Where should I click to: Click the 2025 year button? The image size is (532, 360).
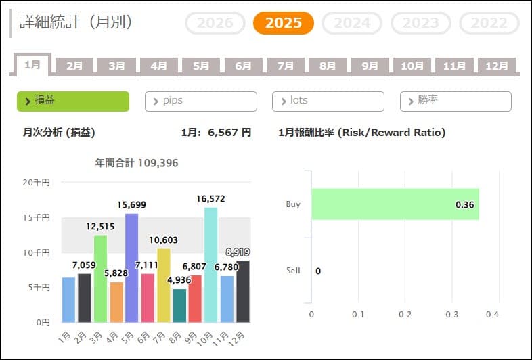tap(284, 23)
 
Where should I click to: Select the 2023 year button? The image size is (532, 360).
tap(420, 23)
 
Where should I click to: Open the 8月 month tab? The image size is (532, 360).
tap(328, 66)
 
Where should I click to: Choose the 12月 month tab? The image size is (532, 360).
tap(497, 66)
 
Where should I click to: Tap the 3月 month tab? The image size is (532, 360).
tap(117, 66)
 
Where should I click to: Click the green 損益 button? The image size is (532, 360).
tap(72, 101)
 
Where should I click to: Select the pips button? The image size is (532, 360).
tap(200, 101)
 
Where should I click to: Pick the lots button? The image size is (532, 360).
tap(328, 101)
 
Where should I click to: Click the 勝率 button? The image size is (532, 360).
tap(455, 101)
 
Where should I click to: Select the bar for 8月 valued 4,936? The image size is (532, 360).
tap(179, 305)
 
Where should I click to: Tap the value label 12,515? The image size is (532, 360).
tap(100, 226)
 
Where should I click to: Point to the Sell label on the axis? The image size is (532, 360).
tap(293, 271)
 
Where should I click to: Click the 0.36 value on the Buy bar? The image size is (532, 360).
tap(464, 204)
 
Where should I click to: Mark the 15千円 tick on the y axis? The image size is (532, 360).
tap(37, 218)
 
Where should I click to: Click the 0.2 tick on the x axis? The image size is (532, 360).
tap(405, 315)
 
